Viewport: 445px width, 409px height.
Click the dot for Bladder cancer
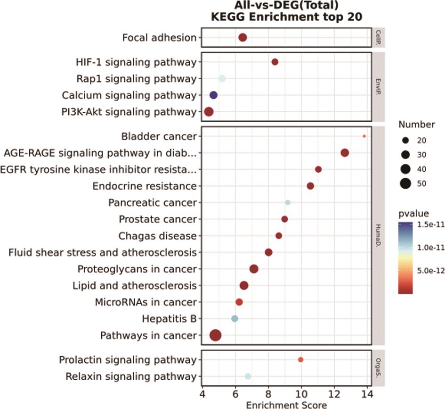364,136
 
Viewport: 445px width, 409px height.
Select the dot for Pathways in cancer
216,335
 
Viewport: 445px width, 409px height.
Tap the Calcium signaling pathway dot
213,95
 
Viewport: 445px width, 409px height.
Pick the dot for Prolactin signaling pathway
300,360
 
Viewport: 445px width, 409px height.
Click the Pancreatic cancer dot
288,202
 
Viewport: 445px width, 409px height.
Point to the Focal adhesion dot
243,38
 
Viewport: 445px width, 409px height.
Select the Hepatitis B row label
169,319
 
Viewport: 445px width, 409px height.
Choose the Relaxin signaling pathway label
131,376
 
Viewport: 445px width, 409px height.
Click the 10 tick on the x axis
301,395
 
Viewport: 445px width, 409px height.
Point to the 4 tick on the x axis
202,395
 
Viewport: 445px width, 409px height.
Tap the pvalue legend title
413,214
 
